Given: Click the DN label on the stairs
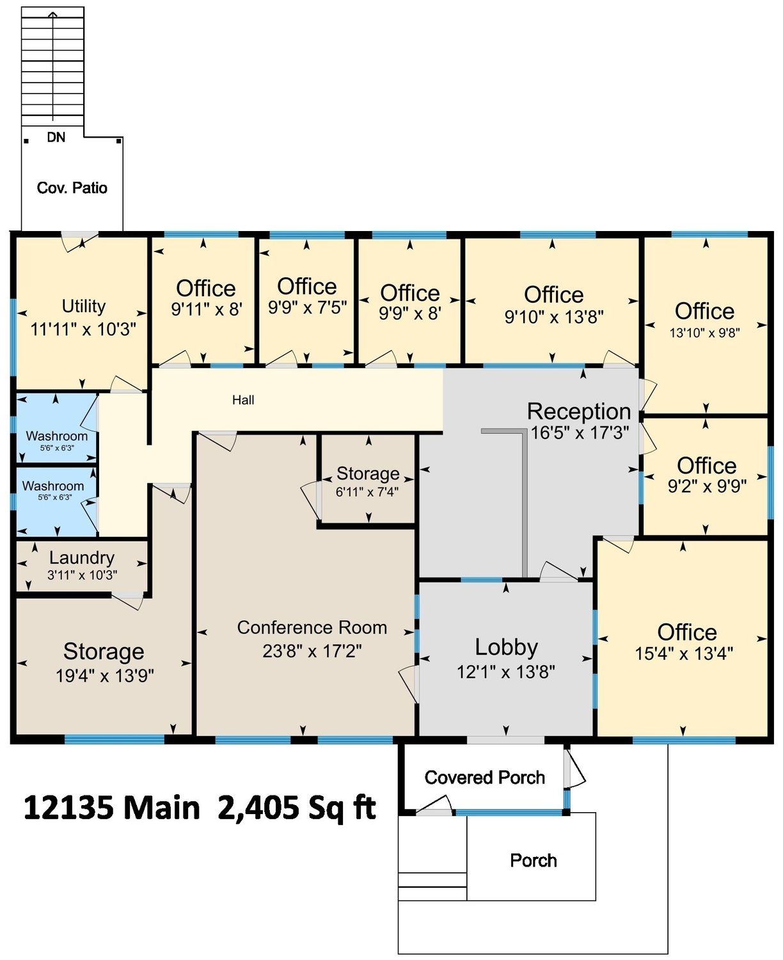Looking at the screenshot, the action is (x=56, y=137).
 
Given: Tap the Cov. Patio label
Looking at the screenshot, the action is (x=72, y=188).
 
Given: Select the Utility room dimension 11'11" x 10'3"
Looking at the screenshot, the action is (x=83, y=329).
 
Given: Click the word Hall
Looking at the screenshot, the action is (x=243, y=399).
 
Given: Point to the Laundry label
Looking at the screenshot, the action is (x=82, y=557).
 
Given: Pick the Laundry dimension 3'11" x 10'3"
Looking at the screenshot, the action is (x=83, y=575).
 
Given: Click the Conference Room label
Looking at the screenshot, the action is (x=312, y=628).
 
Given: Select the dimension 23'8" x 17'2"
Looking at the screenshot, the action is (x=312, y=651).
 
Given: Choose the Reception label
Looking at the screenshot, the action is (x=579, y=411).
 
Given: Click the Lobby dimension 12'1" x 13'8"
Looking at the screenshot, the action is (x=506, y=671).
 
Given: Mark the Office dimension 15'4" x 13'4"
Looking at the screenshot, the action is (x=684, y=653).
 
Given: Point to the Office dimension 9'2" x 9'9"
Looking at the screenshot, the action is (x=707, y=486).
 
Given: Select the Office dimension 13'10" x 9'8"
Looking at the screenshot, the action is (x=705, y=333).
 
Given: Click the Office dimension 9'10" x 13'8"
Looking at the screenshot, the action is (x=554, y=317).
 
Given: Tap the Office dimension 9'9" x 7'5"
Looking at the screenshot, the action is (x=308, y=308).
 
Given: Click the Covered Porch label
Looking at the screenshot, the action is (x=484, y=778).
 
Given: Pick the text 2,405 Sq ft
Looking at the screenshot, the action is (x=297, y=808).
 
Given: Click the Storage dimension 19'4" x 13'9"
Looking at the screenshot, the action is (x=105, y=675).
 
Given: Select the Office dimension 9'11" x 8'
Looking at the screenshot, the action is (x=206, y=310).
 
